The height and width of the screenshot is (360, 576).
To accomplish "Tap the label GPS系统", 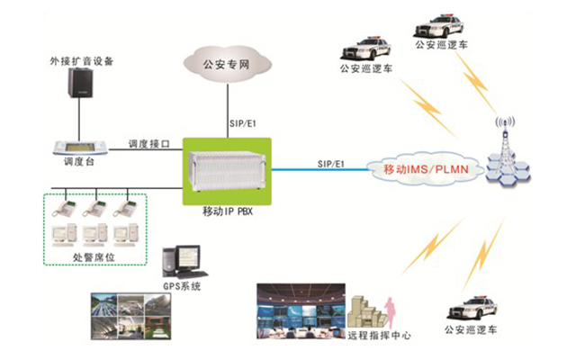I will pyautogui.click(x=183, y=286).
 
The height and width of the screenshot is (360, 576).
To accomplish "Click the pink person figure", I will pyautogui.click(x=391, y=314).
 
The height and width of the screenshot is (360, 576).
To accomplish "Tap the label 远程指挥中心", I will pyautogui.click(x=379, y=335).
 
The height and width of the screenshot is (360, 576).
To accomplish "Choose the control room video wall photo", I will pyautogui.click(x=297, y=308).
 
